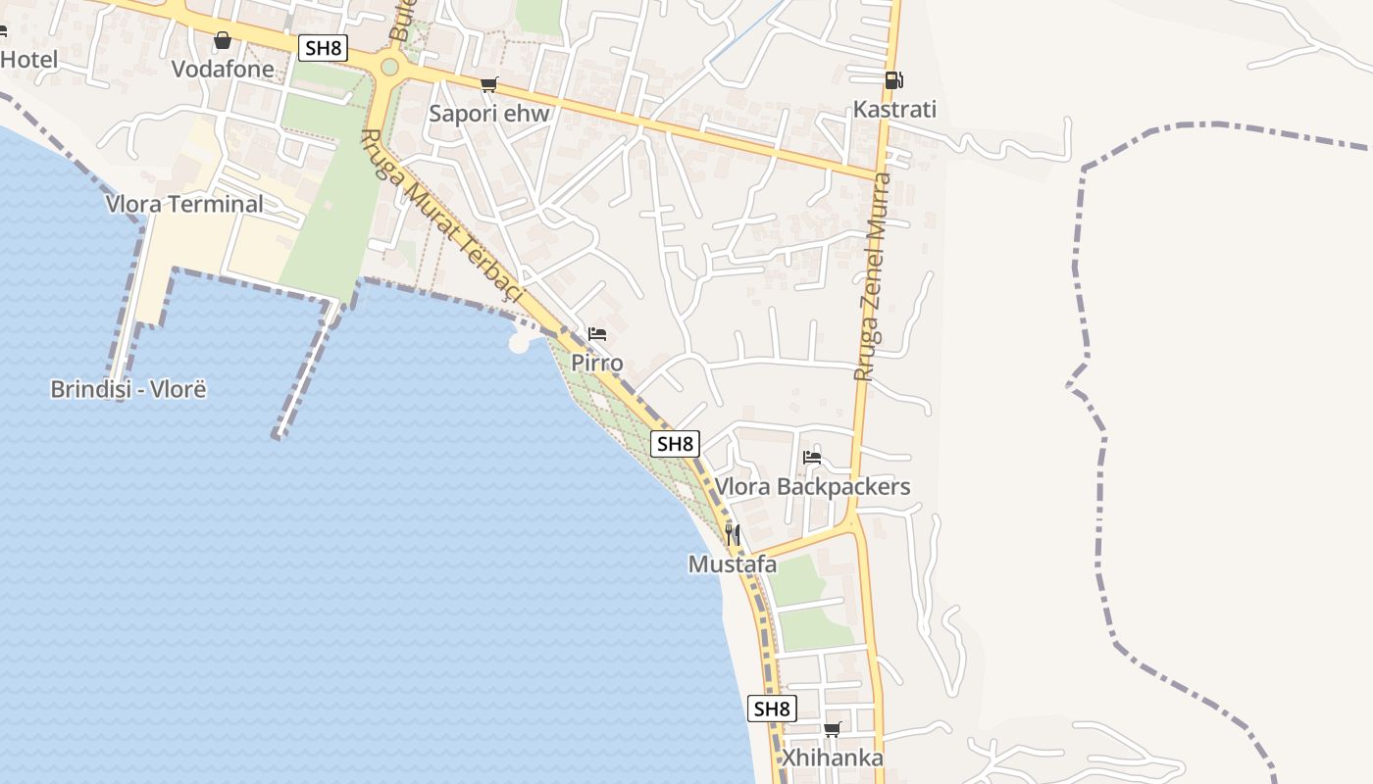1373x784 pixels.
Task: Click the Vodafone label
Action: pos(223,69)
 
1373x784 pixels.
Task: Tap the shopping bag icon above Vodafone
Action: pos(223,40)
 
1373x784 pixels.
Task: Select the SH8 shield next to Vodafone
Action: pos(324,47)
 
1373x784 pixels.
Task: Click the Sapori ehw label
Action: pos(489,114)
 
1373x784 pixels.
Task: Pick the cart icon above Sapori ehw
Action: pos(489,84)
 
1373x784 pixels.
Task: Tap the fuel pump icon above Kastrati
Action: pos(893,80)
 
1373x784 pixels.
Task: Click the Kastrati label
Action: pos(894,109)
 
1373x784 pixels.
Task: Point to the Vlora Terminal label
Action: pos(185,204)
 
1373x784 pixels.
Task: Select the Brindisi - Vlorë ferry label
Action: pos(128,389)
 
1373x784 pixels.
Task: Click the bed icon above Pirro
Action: pos(597,334)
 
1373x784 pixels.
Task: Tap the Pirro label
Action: pos(597,363)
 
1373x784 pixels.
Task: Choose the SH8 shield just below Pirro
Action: pos(675,444)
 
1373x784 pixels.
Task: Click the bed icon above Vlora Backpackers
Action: pos(812,457)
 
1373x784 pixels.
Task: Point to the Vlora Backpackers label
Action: pos(812,486)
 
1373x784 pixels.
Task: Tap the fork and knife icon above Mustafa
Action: pos(733,535)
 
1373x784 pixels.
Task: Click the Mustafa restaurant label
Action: pos(733,564)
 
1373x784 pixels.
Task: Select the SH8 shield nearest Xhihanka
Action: pos(772,709)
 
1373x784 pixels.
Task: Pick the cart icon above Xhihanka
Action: pos(833,729)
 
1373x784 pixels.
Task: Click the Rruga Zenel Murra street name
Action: pos(872,277)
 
